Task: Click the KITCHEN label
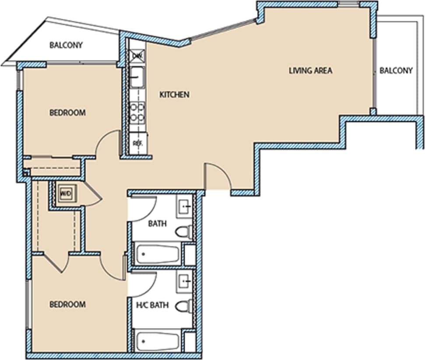174,95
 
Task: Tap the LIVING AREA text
310,71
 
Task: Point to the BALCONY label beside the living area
396,71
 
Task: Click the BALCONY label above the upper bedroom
66,45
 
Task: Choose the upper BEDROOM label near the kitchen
67,113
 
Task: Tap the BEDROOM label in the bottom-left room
67,304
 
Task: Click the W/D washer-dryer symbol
65,193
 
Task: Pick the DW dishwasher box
137,56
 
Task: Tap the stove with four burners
137,112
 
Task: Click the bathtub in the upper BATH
158,254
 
